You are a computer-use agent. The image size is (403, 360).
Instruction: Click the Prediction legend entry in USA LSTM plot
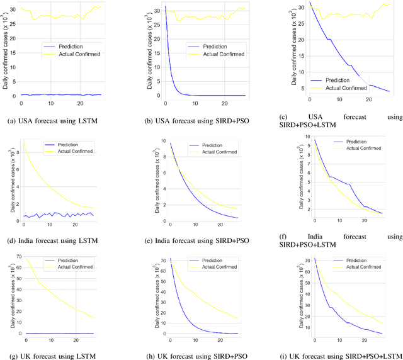coord(67,47)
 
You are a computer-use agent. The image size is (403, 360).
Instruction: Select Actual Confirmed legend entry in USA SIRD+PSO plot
coord(217,56)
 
